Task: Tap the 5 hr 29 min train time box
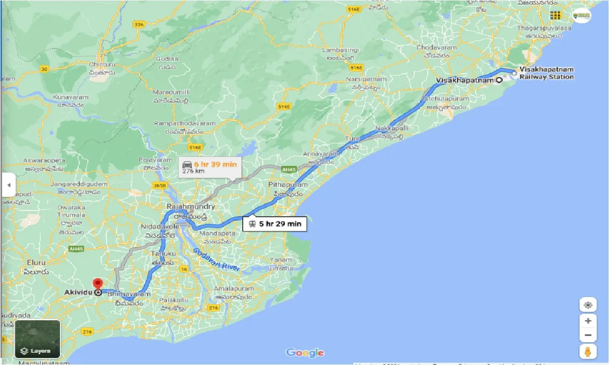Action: point(275,224)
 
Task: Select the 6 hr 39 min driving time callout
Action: point(210,167)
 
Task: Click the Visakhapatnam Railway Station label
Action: point(546,73)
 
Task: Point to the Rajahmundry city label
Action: point(191,207)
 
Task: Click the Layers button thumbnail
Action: point(38,339)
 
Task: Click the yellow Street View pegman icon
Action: point(588,352)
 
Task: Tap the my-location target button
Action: point(588,305)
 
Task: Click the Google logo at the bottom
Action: point(305,353)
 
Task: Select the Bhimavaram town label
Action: point(129,295)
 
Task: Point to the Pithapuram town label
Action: point(288,184)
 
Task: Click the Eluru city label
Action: point(36,262)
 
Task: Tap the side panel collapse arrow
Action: point(8,184)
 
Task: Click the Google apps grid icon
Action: point(555,15)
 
